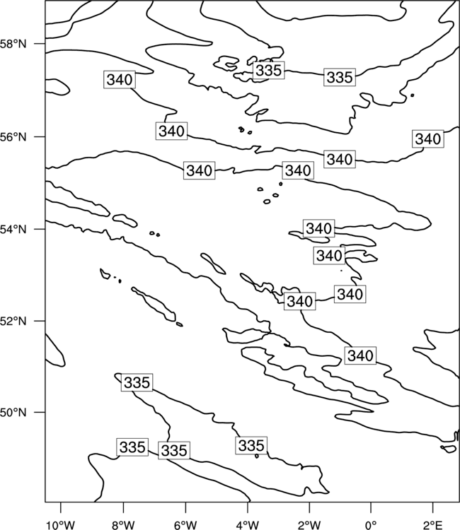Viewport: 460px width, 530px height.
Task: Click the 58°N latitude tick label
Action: [13, 44]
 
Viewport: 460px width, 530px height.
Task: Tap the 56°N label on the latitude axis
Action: [13, 137]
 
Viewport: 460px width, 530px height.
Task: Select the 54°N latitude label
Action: [13, 230]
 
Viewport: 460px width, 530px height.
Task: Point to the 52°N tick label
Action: [13, 321]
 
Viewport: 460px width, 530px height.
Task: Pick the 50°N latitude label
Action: [13, 413]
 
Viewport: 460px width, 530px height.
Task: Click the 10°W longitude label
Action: [60, 525]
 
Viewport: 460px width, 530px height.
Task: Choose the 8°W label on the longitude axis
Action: [123, 525]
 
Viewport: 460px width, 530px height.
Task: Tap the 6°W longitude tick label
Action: [185, 525]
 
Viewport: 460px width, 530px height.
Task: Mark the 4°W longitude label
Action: [248, 525]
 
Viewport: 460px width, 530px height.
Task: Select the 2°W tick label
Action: [309, 525]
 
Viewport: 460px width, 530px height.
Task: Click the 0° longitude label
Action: [371, 525]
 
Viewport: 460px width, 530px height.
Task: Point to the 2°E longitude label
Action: [433, 525]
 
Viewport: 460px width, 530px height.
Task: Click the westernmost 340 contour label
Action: [120, 80]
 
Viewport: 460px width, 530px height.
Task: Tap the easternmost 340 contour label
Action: [428, 139]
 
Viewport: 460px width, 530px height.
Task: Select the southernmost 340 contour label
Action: [360, 355]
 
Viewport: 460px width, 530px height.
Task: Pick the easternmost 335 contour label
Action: [340, 77]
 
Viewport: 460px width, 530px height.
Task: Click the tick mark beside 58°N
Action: [40, 44]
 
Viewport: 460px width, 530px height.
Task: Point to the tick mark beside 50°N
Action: [40, 412]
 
